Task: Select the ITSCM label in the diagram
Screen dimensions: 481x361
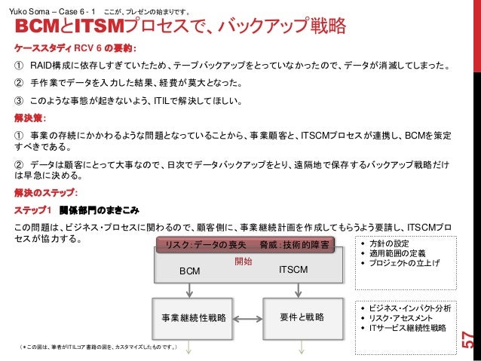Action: point(293,269)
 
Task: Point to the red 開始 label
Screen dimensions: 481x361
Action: point(244,261)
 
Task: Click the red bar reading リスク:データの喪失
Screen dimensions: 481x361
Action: point(204,245)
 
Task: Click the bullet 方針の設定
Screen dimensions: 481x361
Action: point(391,244)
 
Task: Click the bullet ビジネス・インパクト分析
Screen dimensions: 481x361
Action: point(411,308)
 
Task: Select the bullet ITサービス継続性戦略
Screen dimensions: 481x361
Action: point(408,328)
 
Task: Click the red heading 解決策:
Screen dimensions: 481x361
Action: point(29,119)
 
